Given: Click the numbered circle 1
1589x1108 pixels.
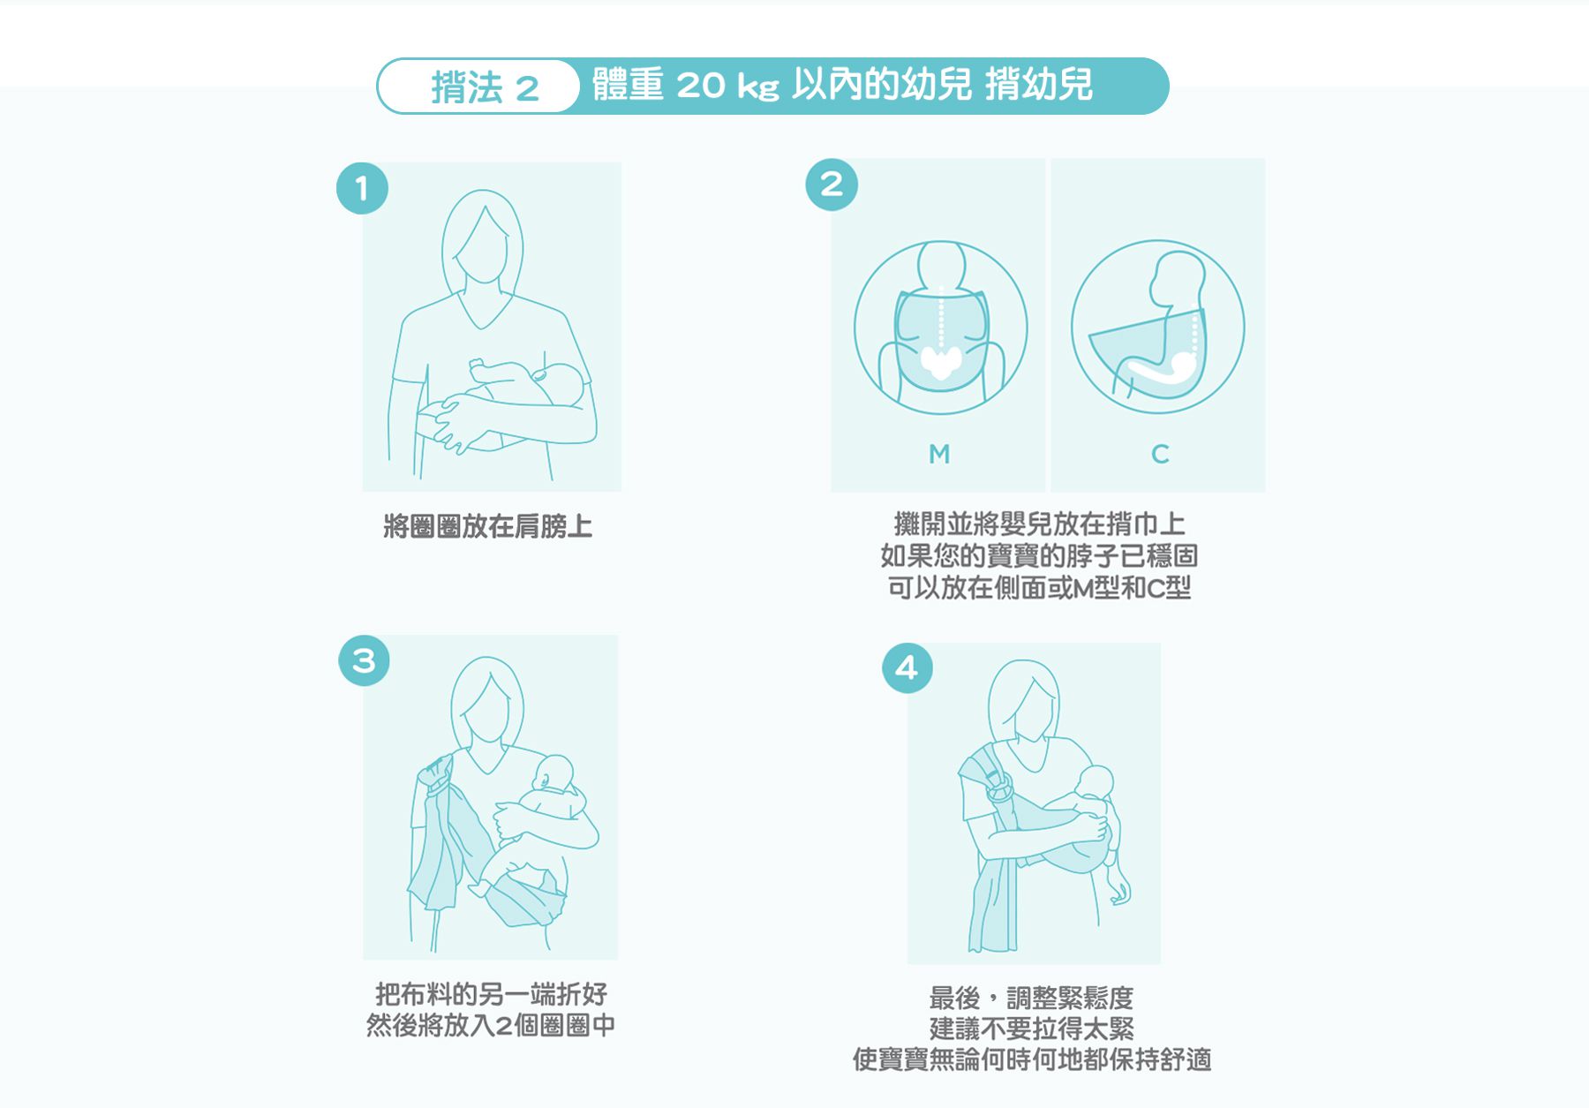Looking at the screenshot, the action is pyautogui.click(x=362, y=188).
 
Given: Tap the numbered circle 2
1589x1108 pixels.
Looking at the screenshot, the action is pyautogui.click(x=832, y=185).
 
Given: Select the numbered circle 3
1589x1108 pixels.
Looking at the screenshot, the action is pyautogui.click(x=365, y=660).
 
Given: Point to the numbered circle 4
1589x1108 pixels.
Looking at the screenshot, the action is pyautogui.click(x=907, y=667).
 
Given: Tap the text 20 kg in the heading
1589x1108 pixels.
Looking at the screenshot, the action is pyautogui.click(x=728, y=86).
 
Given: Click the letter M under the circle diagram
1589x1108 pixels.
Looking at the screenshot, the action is pyautogui.click(x=939, y=454).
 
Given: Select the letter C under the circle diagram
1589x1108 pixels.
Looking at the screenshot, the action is pyautogui.click(x=1160, y=454).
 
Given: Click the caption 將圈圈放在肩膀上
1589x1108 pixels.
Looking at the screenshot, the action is pyautogui.click(x=487, y=526).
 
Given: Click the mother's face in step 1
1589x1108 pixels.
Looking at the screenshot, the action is pyautogui.click(x=482, y=247).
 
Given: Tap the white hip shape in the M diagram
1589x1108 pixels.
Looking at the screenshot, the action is pyautogui.click(x=941, y=361).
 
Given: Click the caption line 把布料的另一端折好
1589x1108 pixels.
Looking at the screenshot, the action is pyautogui.click(x=491, y=994).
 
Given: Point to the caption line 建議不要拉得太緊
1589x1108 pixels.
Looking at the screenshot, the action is pyautogui.click(x=1032, y=1029).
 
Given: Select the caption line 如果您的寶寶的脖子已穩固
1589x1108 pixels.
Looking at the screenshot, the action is pyautogui.click(x=1039, y=555).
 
